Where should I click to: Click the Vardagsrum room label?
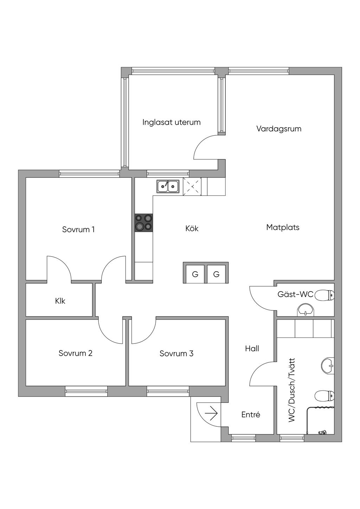pos(279,129)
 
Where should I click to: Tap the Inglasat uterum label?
pos(172,122)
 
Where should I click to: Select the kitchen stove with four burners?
pos(144,223)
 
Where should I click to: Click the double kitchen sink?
pos(168,186)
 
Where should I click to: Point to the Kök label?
pos(192,228)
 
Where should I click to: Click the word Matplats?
pos(283,227)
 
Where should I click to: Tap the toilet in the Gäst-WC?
pos(324,295)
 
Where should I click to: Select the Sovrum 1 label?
pos(78,230)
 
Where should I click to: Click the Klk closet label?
pos(60,301)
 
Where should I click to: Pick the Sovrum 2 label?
pos(76,353)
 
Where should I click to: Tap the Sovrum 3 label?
pos(176,354)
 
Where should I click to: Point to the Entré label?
pos(251,415)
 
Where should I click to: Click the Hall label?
pos(252,348)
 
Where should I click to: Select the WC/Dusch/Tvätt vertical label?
pos(291,390)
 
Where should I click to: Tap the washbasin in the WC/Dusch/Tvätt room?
pos(327,366)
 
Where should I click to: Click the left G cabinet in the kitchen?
pos(195,274)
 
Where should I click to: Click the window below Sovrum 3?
pos(168,391)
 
